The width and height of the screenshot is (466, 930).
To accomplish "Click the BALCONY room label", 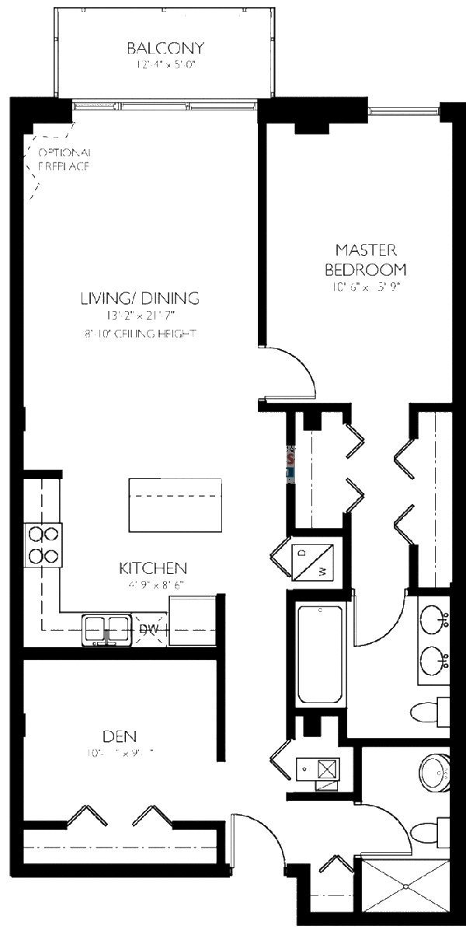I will pos(165,48).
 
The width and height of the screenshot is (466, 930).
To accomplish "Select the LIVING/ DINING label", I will pos(140,298).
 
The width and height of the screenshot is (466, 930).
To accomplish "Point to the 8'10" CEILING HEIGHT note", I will pos(140,334).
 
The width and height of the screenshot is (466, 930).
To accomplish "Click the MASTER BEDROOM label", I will pos(365,260).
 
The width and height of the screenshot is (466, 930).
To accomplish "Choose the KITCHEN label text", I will pos(152,568).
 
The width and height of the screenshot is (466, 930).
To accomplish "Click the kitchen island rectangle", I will pos(175,503).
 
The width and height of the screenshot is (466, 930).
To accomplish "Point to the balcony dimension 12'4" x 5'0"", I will pos(165,65).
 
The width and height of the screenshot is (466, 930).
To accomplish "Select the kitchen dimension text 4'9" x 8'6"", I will pos(152,585).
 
